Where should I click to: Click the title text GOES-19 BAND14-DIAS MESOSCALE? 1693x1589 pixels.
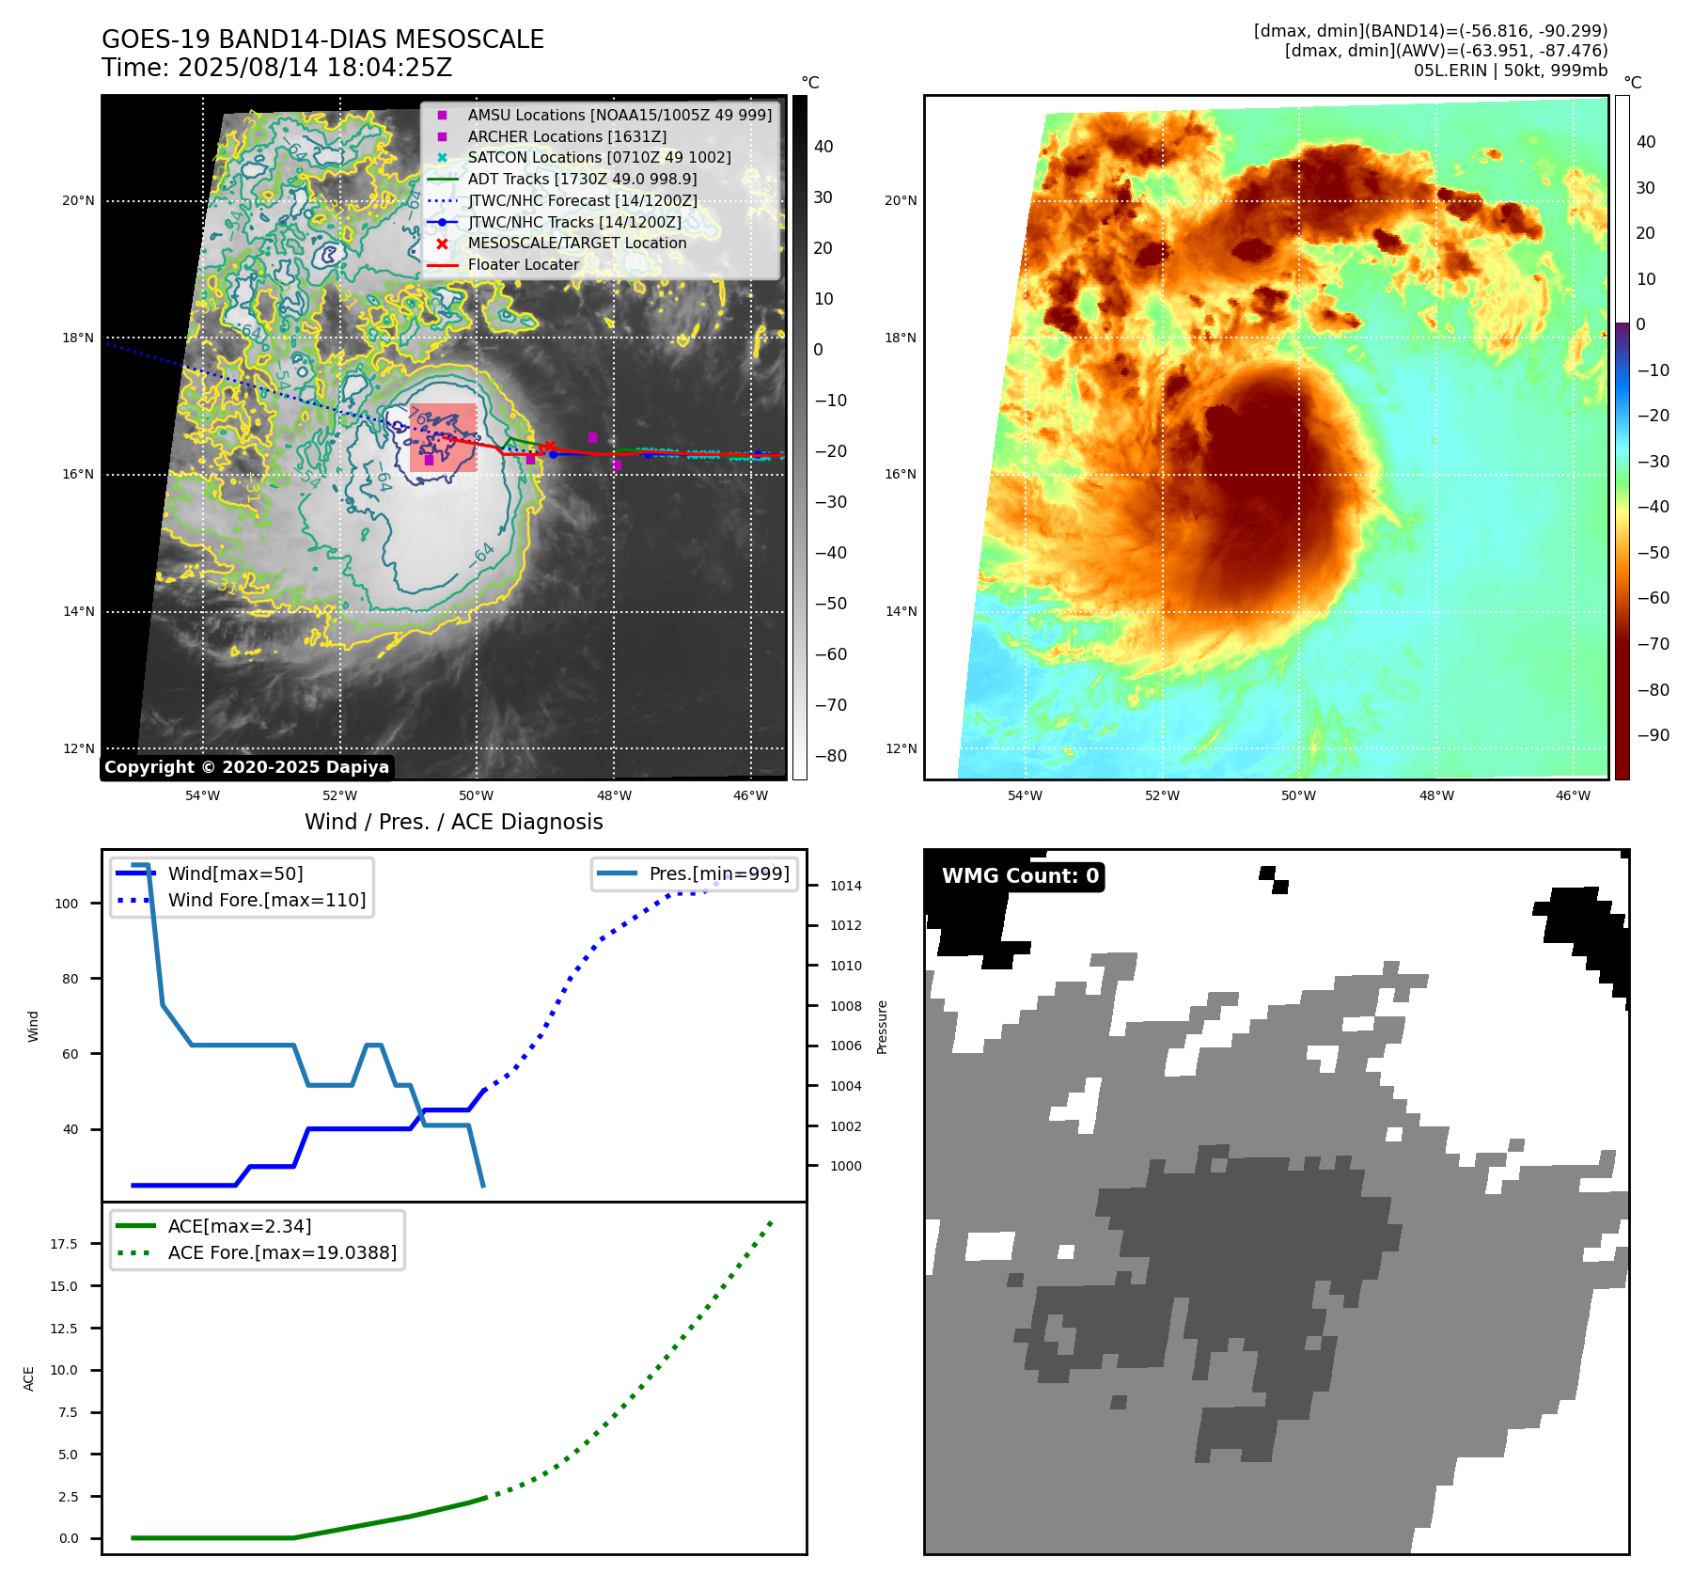click(322, 39)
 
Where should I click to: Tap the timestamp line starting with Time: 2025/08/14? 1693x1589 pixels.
click(276, 68)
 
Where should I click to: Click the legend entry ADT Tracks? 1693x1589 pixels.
click(582, 179)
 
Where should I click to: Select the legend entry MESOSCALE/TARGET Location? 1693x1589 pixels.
click(576, 243)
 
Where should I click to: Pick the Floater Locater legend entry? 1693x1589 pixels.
click(523, 264)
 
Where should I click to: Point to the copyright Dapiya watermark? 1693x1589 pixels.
click(246, 767)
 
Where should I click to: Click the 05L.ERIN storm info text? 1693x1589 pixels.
click(1510, 71)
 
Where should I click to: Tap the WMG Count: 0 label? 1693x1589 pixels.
click(1020, 876)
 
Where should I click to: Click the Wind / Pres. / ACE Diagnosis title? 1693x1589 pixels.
click(453, 822)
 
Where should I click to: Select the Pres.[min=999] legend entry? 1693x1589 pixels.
click(719, 873)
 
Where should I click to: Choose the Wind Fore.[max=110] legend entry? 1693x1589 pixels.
click(267, 900)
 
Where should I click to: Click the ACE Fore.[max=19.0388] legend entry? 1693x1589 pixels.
click(282, 1252)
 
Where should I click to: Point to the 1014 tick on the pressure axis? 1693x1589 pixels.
click(845, 886)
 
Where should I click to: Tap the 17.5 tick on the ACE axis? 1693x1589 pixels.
click(64, 1244)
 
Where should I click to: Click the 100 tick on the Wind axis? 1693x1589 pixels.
click(67, 904)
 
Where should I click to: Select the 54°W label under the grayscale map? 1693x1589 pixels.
click(202, 795)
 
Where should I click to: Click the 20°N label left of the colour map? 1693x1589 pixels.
click(901, 200)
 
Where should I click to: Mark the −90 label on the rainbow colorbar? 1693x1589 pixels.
click(1653, 735)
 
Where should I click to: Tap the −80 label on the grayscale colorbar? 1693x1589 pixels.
click(830, 756)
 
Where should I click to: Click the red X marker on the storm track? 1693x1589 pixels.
click(550, 447)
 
